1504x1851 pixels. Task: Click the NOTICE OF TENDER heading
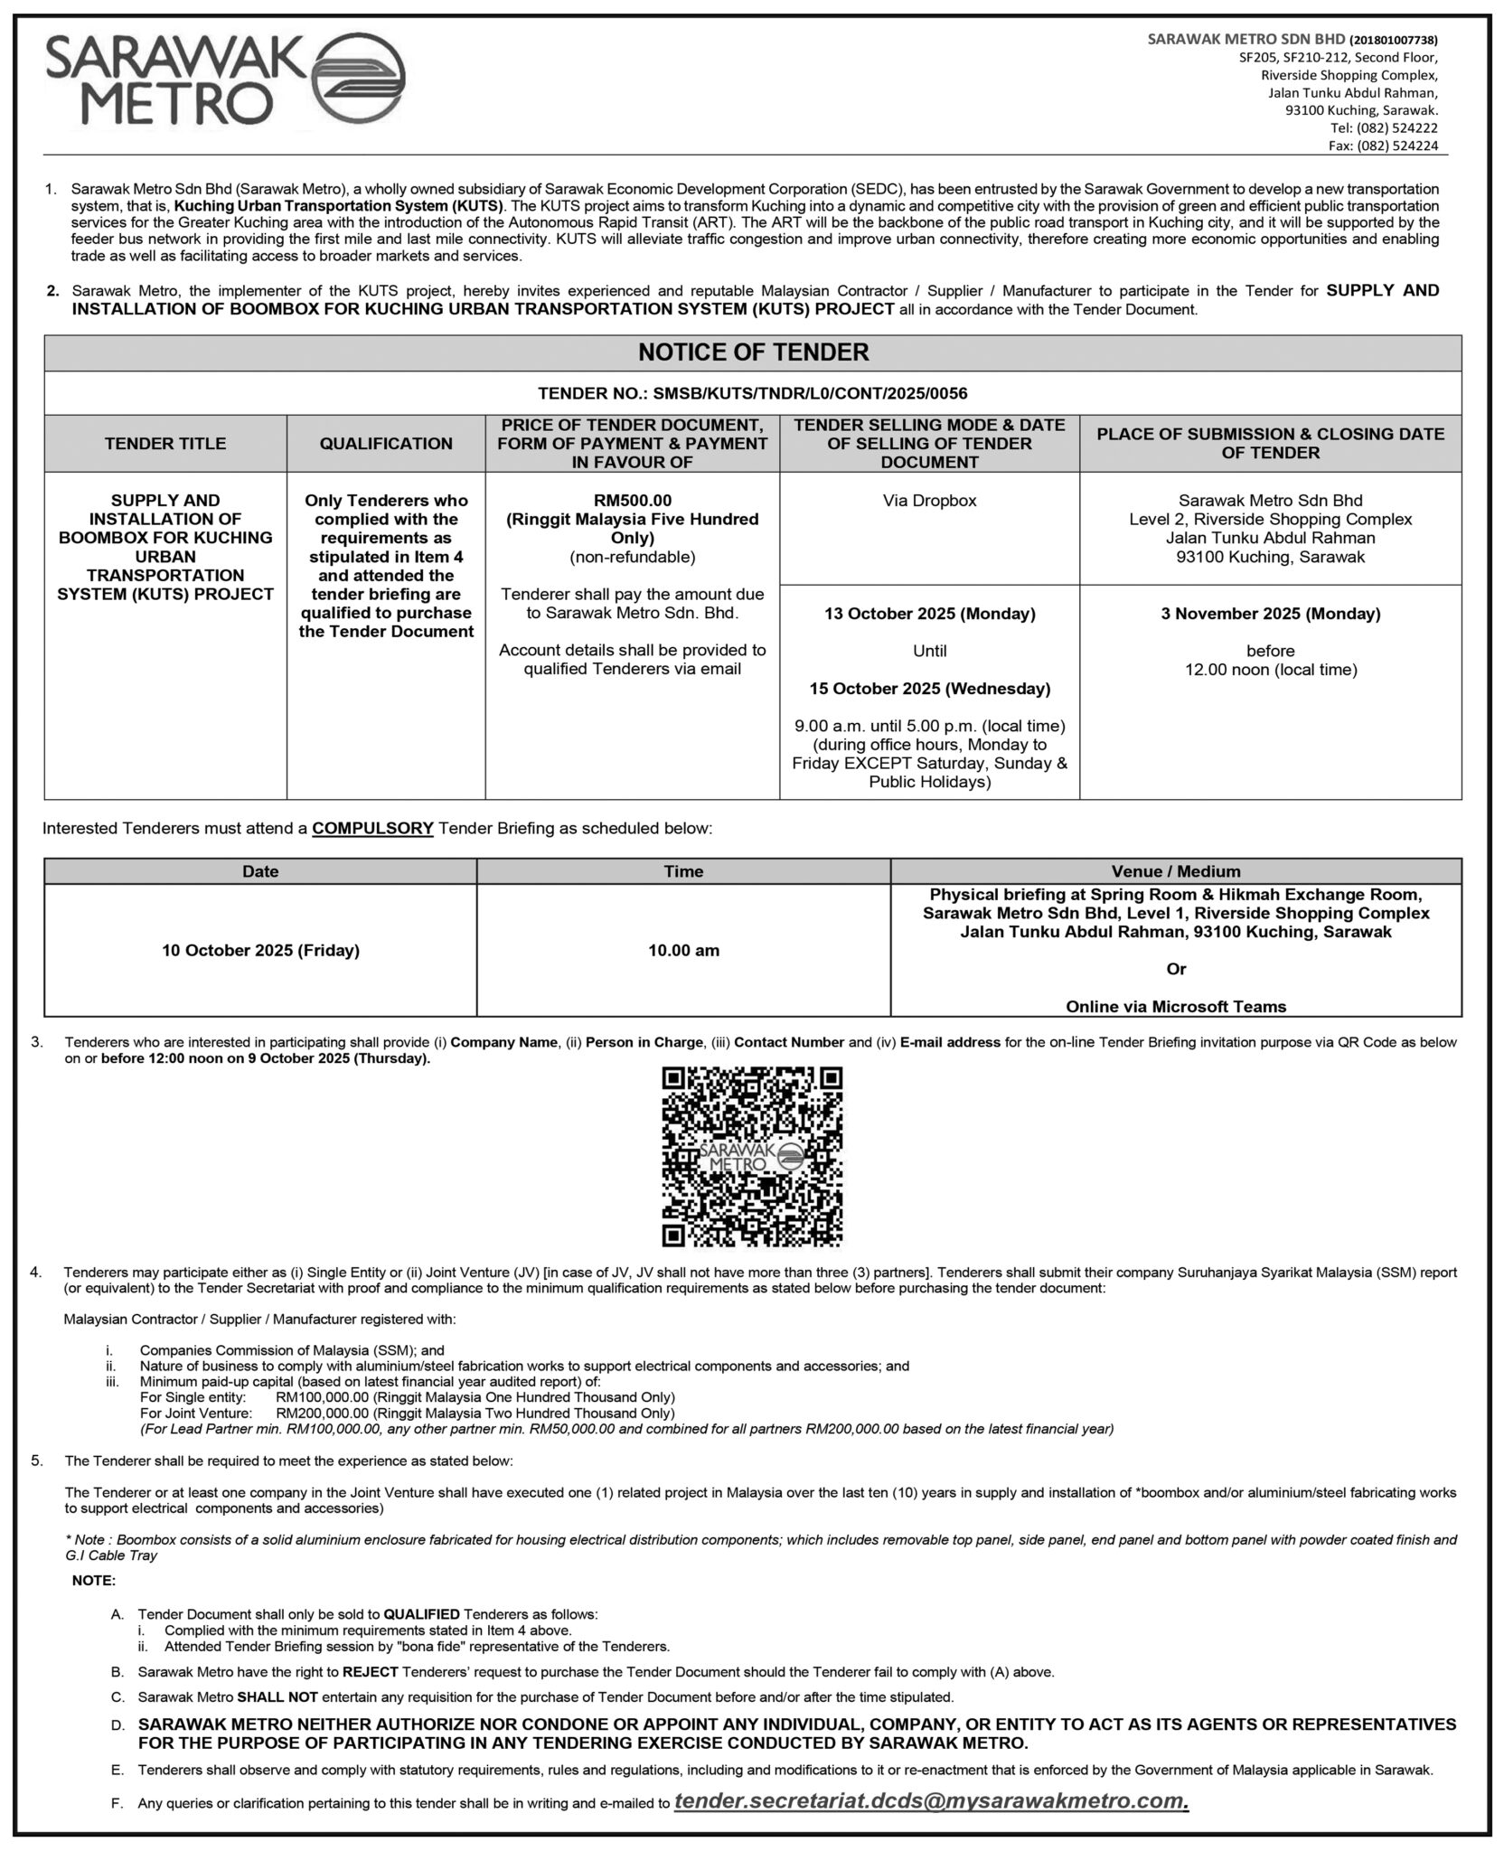click(753, 352)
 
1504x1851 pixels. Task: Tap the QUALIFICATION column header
click(386, 444)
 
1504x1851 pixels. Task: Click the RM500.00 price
click(632, 501)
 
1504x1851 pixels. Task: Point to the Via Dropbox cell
click(929, 501)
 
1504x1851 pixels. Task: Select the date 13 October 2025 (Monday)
click(929, 615)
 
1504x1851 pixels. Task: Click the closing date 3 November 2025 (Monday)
click(1270, 615)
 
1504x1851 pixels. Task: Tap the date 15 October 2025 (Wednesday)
click(929, 689)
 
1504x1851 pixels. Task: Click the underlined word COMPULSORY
click(372, 829)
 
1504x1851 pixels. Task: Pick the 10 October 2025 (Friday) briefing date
click(260, 951)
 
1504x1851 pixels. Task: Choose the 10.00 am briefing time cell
click(683, 951)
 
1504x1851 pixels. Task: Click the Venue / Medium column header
click(1175, 872)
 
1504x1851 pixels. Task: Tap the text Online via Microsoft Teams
click(1175, 1007)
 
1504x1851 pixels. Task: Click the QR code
click(752, 1157)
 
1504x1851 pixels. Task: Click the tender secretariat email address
click(931, 1801)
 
